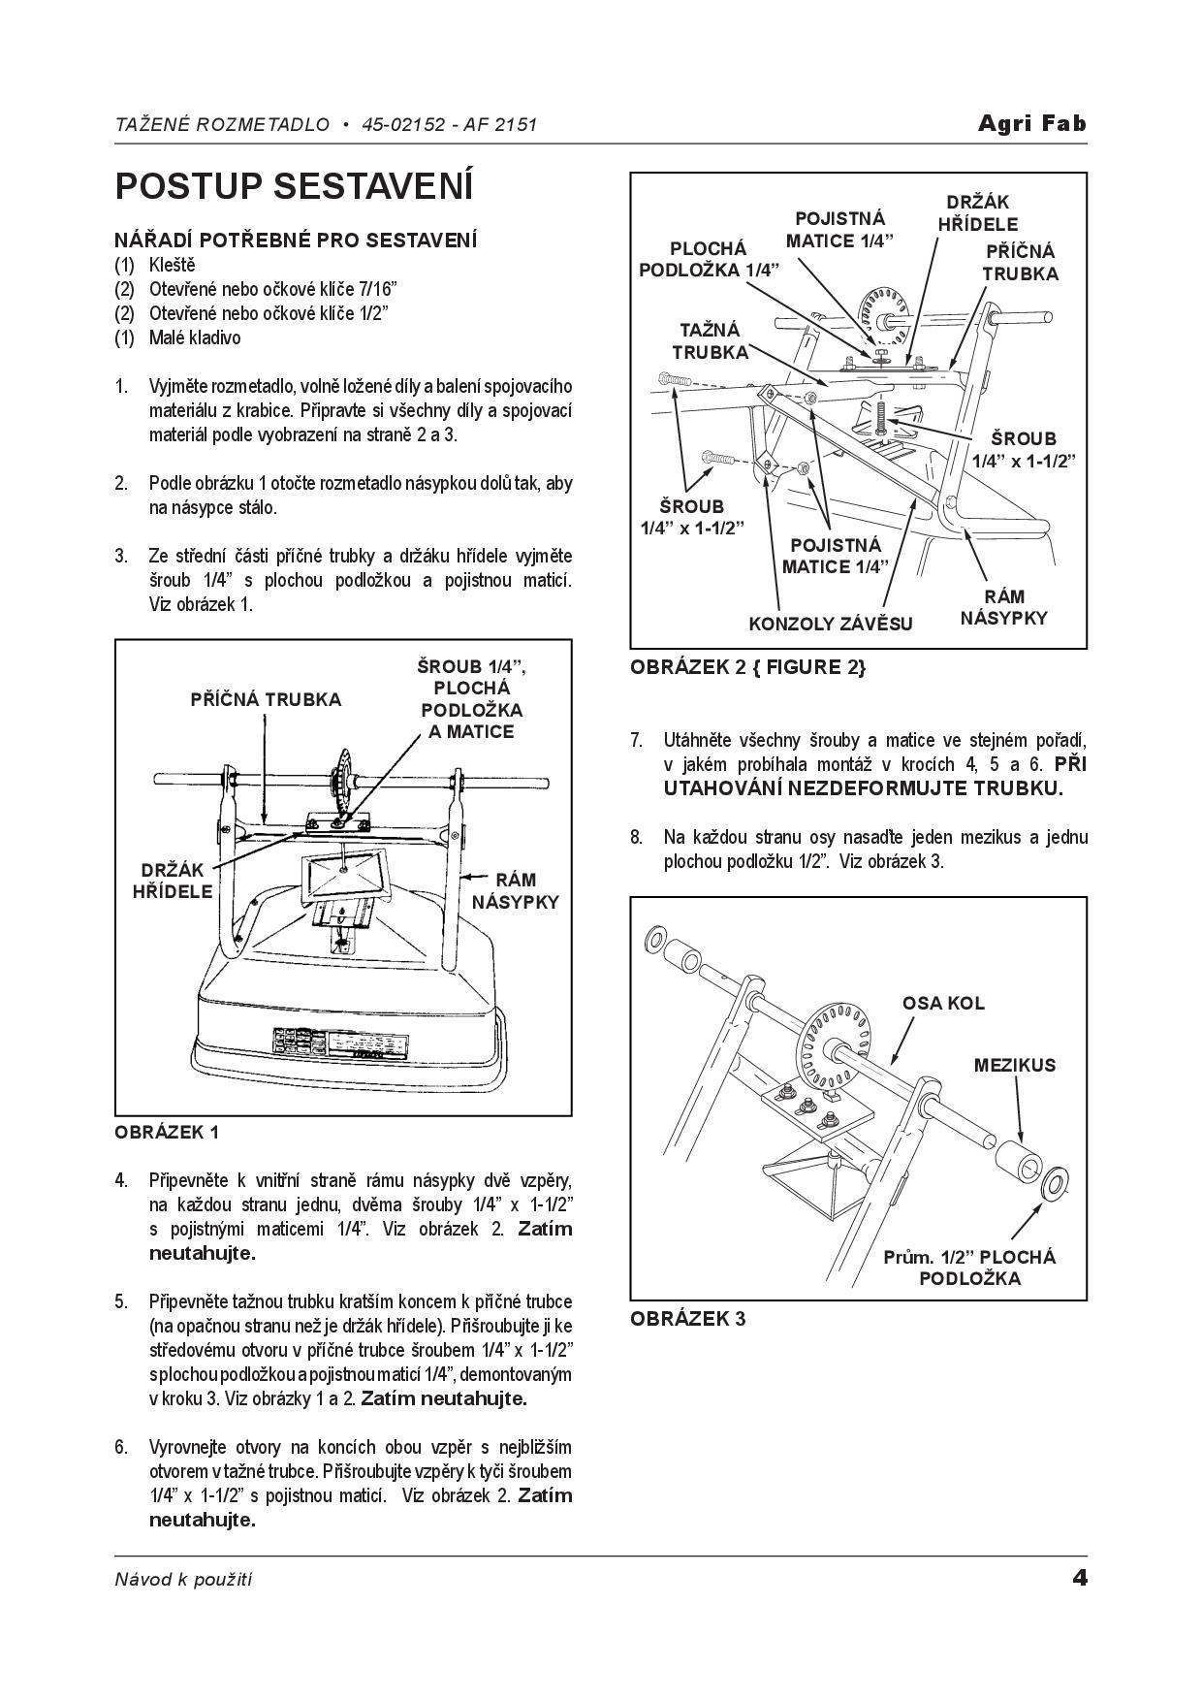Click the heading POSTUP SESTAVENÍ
pyautogui.click(x=294, y=186)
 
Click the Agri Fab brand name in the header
pyautogui.click(x=1031, y=123)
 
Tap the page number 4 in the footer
pyautogui.click(x=1079, y=1578)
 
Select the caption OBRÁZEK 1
pyautogui.click(x=167, y=1132)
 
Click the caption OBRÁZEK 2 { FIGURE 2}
pyautogui.click(x=748, y=667)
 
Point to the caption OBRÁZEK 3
pyautogui.click(x=687, y=1319)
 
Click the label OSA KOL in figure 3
pyautogui.click(x=942, y=1003)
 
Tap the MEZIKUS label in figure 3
pyautogui.click(x=1014, y=1065)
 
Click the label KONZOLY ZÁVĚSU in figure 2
pyautogui.click(x=830, y=624)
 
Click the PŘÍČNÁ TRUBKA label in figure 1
pyautogui.click(x=266, y=699)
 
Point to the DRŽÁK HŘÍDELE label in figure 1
pyautogui.click(x=173, y=881)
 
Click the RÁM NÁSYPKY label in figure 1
pyautogui.click(x=515, y=891)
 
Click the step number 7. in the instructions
pyautogui.click(x=636, y=740)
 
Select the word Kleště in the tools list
pyautogui.click(x=172, y=265)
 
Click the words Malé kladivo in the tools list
pyautogui.click(x=194, y=337)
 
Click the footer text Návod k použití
pyautogui.click(x=183, y=1579)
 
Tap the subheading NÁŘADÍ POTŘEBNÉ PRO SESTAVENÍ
pyautogui.click(x=296, y=240)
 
